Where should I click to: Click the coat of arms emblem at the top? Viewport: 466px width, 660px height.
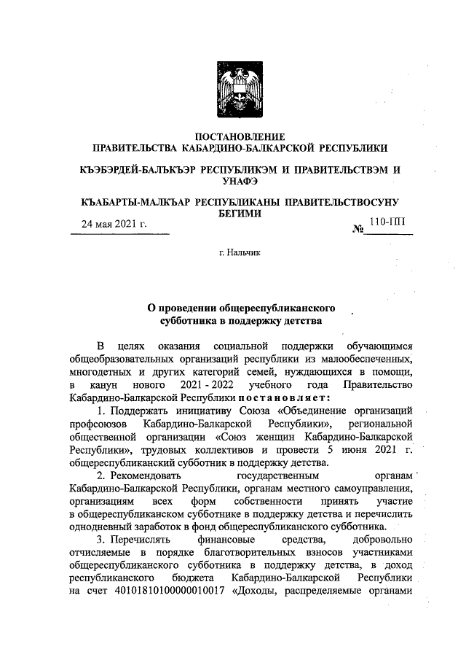[x=233, y=85]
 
